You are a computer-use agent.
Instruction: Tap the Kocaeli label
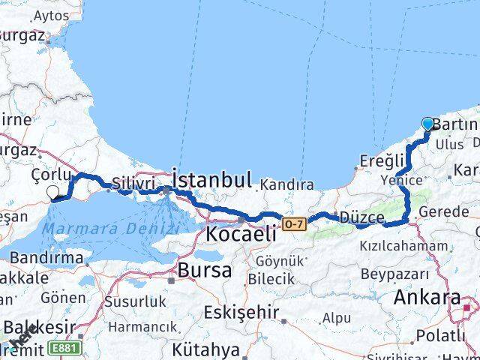coord(241,233)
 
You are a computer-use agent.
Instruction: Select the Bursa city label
coord(199,269)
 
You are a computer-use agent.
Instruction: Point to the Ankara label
coord(426,297)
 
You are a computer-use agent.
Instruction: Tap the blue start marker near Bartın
coord(428,124)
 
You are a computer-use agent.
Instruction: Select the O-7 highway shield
coord(293,223)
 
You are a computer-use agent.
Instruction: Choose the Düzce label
coord(361,217)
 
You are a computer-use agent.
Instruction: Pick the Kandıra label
coord(287,184)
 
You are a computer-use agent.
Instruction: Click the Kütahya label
coord(205,349)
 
